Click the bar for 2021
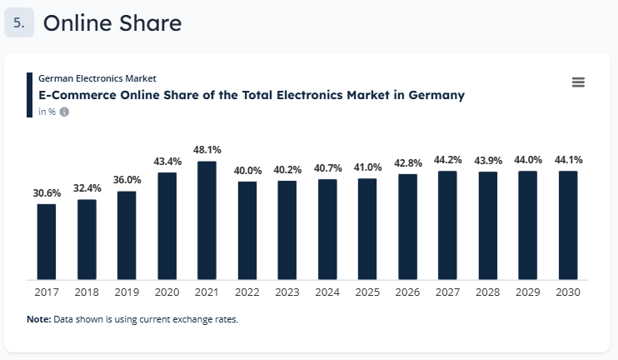pyautogui.click(x=207, y=221)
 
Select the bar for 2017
pyautogui.click(x=47, y=242)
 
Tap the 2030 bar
pyautogui.click(x=568, y=225)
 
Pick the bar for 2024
pyautogui.click(x=327, y=229)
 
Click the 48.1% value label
pyautogui.click(x=207, y=150)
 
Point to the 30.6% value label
pyautogui.click(x=47, y=192)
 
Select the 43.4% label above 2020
pyautogui.click(x=167, y=161)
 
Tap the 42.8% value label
pyautogui.click(x=407, y=162)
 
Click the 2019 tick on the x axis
pyautogui.click(x=127, y=292)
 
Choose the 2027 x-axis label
pyautogui.click(x=447, y=292)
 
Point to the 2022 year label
pyautogui.click(x=247, y=292)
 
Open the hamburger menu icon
pyautogui.click(x=579, y=82)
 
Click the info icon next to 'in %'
pyautogui.click(x=64, y=112)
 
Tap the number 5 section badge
pyautogui.click(x=18, y=23)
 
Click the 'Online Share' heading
pyautogui.click(x=112, y=23)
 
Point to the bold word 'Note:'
pyautogui.click(x=39, y=319)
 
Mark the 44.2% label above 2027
pyautogui.click(x=447, y=160)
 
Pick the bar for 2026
pyautogui.click(x=407, y=226)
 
